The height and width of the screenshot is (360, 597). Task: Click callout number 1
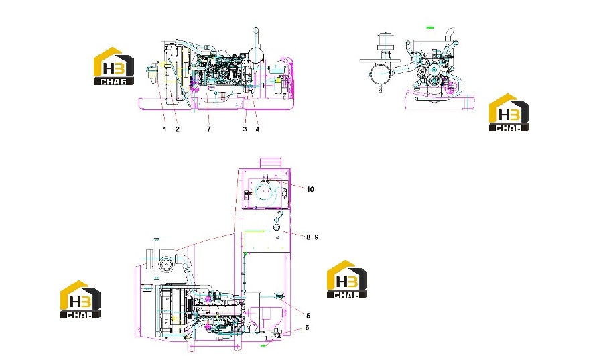tap(165, 129)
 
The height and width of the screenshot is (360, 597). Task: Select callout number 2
tap(178, 129)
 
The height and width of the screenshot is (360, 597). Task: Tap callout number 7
tap(208, 129)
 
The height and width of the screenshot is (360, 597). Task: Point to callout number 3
tap(245, 129)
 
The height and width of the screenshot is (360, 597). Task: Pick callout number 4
tap(257, 129)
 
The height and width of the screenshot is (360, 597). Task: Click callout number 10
tap(310, 189)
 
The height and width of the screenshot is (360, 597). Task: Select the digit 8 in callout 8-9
tap(308, 237)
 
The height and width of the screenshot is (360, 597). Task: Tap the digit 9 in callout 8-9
tap(316, 237)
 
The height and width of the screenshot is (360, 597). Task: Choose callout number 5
tap(308, 316)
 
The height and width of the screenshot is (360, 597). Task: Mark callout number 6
tap(308, 328)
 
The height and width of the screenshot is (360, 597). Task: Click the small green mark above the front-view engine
tap(430, 27)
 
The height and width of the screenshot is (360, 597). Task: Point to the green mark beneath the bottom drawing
tap(263, 345)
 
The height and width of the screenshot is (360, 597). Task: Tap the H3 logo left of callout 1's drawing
tap(114, 66)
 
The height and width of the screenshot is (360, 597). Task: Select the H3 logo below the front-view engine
tap(509, 113)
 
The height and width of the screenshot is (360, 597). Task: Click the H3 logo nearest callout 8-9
tap(347, 280)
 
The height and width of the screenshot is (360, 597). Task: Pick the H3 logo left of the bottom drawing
tap(80, 300)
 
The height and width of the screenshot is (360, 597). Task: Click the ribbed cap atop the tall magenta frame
tap(270, 163)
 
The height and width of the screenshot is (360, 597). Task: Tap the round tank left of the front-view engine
tap(379, 74)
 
